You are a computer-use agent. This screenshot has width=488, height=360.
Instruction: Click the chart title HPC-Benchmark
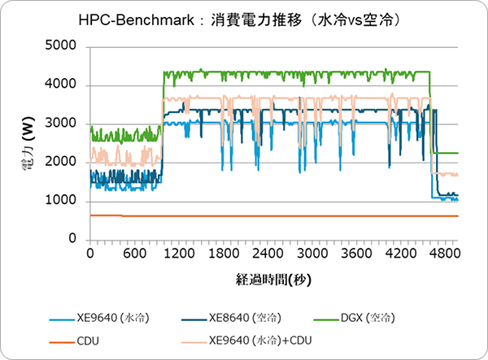[244, 18]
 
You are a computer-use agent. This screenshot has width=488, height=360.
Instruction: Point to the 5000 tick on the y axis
[63, 47]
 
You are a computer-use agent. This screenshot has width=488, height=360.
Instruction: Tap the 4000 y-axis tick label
[63, 85]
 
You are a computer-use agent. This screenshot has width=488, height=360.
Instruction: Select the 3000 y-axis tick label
[63, 124]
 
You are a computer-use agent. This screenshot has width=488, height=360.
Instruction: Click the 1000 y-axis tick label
[63, 201]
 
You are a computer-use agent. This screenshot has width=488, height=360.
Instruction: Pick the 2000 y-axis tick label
[63, 163]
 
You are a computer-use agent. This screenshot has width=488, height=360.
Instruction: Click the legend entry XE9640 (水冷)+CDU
[260, 340]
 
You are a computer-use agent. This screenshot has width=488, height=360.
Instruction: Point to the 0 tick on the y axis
[72, 240]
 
